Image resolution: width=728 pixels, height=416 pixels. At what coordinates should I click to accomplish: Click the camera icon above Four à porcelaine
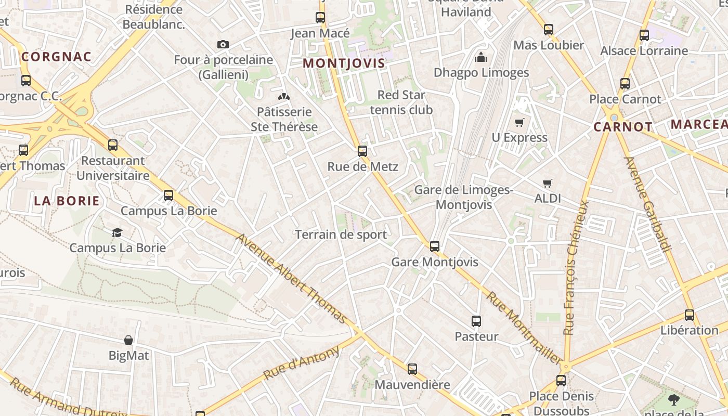pyautogui.click(x=223, y=45)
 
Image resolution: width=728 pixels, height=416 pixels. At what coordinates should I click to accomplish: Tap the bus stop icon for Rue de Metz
pyautogui.click(x=362, y=151)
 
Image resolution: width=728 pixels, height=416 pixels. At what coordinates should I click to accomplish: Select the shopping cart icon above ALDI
pyautogui.click(x=547, y=183)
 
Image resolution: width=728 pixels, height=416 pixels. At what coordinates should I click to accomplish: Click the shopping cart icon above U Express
pyautogui.click(x=519, y=123)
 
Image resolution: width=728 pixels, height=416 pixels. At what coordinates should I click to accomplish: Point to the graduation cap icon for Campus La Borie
pyautogui.click(x=118, y=232)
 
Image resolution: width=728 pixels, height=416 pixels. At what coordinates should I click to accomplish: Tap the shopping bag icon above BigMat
pyautogui.click(x=128, y=341)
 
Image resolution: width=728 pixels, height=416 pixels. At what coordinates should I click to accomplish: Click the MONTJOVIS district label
pyautogui.click(x=344, y=63)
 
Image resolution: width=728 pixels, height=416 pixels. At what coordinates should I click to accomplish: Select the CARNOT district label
pyautogui.click(x=623, y=127)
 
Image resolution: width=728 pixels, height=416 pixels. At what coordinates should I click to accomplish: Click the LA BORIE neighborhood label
pyautogui.click(x=67, y=201)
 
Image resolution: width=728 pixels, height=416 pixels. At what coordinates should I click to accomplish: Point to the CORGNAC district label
pyautogui.click(x=57, y=57)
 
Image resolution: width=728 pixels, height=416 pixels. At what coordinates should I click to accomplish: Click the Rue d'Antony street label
pyautogui.click(x=301, y=363)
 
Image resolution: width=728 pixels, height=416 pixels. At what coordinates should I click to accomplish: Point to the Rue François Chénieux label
pyautogui.click(x=577, y=267)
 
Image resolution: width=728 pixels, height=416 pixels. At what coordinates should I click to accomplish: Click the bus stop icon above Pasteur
pyautogui.click(x=476, y=321)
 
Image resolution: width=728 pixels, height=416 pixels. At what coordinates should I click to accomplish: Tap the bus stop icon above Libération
pyautogui.click(x=690, y=315)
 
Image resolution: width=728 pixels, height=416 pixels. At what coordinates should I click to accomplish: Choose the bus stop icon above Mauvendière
pyautogui.click(x=412, y=369)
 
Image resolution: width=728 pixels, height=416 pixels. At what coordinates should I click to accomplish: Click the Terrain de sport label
pyautogui.click(x=341, y=235)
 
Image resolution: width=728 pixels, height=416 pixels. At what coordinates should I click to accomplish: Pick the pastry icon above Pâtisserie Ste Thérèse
pyautogui.click(x=284, y=97)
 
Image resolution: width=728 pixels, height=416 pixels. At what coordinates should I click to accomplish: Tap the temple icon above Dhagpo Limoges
pyautogui.click(x=481, y=57)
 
